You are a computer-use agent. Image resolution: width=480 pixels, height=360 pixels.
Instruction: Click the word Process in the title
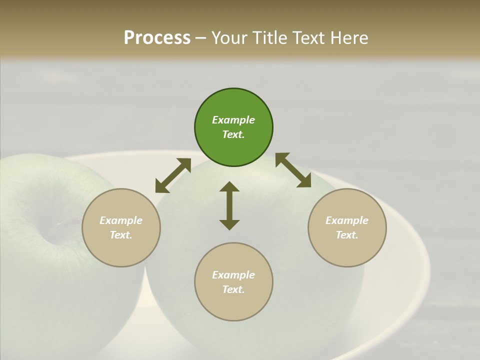(157, 37)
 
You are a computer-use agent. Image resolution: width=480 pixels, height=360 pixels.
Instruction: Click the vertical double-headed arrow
(229, 205)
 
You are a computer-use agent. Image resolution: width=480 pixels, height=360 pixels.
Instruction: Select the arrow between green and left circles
(173, 175)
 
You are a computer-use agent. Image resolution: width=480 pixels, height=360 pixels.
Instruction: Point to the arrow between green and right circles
(293, 170)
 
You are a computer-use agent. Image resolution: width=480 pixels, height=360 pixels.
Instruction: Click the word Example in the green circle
(233, 120)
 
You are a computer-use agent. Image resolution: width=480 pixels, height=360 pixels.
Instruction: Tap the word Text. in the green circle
(233, 134)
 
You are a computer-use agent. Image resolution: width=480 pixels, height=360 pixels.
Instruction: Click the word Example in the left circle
(121, 220)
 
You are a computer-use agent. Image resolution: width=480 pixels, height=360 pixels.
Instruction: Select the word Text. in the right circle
(347, 235)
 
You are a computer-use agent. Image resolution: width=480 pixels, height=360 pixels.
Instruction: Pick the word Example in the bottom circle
(233, 275)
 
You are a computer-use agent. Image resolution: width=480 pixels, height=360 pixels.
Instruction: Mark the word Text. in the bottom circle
(233, 289)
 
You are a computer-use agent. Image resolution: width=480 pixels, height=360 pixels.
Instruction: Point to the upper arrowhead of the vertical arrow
(229, 187)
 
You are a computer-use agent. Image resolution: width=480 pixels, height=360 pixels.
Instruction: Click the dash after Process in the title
(201, 38)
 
